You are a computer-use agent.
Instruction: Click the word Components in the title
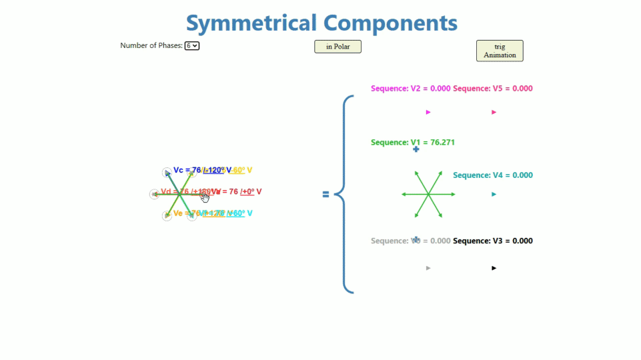click(390, 23)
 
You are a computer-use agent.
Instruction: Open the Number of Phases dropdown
click(192, 46)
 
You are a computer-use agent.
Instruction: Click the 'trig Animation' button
click(500, 51)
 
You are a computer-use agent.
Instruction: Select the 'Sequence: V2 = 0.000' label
click(410, 89)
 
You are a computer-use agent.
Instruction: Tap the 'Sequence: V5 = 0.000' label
click(493, 89)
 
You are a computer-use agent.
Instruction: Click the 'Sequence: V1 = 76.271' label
click(413, 143)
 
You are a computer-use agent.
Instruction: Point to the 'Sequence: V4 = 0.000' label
click(493, 175)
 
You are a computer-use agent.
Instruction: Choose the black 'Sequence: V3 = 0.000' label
click(493, 241)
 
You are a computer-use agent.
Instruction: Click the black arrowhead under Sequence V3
click(494, 268)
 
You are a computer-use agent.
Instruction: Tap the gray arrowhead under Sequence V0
click(428, 268)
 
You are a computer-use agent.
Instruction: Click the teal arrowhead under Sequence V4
click(494, 194)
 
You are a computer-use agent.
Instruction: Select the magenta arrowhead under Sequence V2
click(428, 112)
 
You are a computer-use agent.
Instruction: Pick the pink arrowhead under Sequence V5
click(494, 112)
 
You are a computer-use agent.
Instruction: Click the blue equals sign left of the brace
click(326, 195)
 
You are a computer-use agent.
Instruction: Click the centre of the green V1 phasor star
click(428, 194)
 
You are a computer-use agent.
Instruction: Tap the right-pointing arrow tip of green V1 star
click(454, 194)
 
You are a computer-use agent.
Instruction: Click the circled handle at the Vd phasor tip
click(154, 195)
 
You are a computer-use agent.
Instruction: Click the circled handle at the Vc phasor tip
click(167, 173)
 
